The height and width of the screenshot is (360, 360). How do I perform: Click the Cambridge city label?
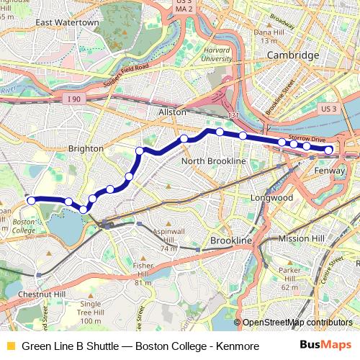[x=292, y=55]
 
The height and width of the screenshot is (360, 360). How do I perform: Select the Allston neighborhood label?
[x=172, y=112]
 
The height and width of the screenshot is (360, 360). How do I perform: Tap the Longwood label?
[x=271, y=197]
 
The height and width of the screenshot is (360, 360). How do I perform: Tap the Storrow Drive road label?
[x=307, y=137]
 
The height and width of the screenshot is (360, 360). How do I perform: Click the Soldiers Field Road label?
[x=121, y=72]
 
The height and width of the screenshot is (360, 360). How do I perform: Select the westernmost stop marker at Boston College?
[x=31, y=200]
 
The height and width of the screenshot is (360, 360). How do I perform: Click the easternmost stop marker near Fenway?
[x=328, y=150]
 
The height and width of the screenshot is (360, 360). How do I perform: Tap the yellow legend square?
[x=10, y=346]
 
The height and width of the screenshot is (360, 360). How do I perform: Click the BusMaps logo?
[x=325, y=346]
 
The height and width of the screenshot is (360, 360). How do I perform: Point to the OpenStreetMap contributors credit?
[x=293, y=323]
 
